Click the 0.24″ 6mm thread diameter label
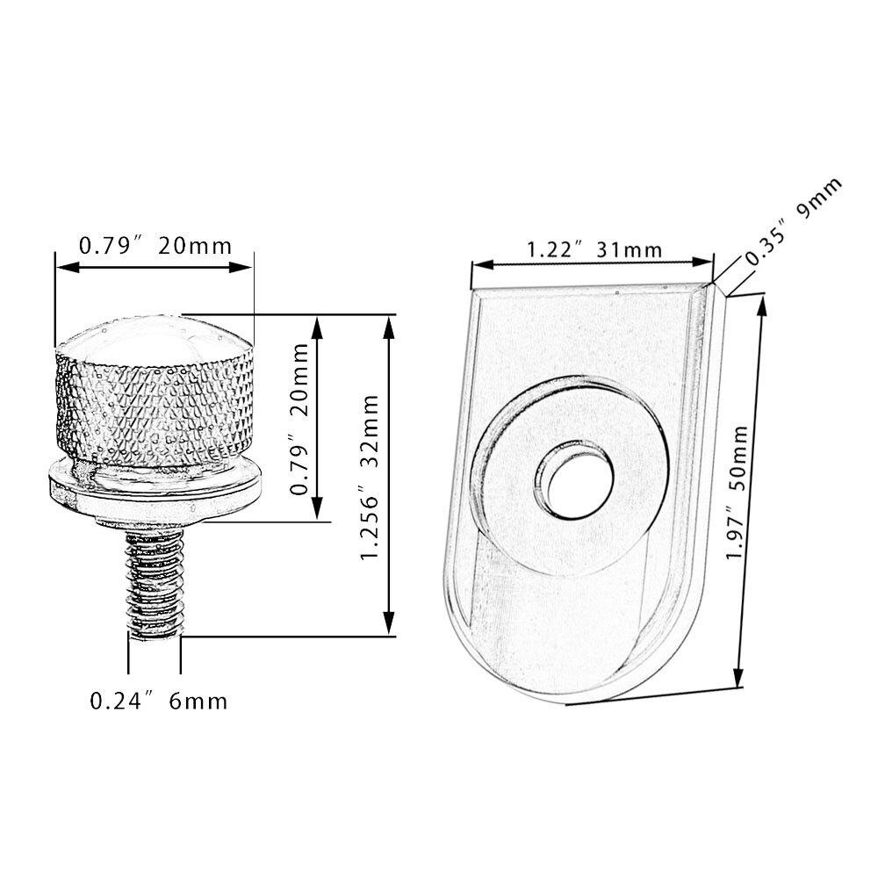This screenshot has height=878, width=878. coord(158,701)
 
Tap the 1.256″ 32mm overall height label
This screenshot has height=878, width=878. coord(371,477)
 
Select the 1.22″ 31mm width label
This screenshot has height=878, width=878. coord(594,249)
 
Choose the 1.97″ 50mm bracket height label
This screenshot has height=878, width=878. coord(737,493)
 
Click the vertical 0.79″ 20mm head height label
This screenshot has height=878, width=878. coord(299,420)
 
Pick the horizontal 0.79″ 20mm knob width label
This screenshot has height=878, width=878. coord(155,246)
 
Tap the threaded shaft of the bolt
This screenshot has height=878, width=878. coord(155,582)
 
